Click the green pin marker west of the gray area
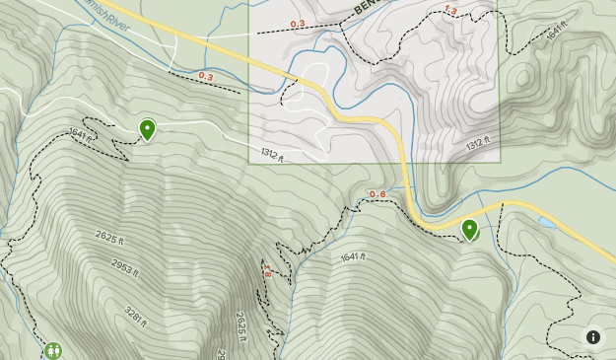(147, 128)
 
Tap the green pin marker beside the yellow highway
(470, 229)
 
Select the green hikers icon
(52, 350)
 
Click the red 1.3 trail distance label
(450, 10)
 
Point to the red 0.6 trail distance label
(377, 193)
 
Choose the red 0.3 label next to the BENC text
(298, 23)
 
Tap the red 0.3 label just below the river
(205, 76)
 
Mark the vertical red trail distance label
(266, 270)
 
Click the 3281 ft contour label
(136, 317)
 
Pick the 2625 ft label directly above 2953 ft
(114, 237)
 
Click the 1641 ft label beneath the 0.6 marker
(352, 257)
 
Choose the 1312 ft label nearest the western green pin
(272, 155)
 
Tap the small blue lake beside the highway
(546, 222)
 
